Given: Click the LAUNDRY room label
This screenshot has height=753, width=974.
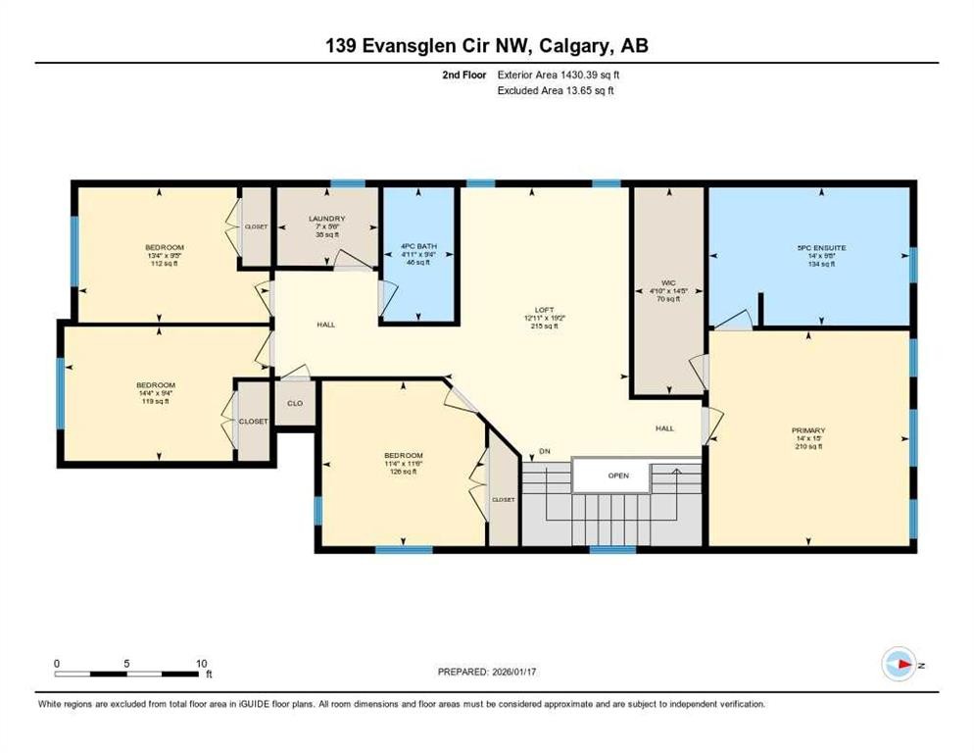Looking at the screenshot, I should click(326, 219).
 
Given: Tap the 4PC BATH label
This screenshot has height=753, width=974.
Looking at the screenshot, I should click(418, 246).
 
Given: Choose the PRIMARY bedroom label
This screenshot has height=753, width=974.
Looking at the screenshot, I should click(808, 430).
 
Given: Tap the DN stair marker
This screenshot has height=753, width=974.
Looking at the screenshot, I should click(544, 451).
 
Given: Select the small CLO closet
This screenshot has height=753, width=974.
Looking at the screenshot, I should click(294, 403).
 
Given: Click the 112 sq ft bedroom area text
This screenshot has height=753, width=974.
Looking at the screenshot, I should click(164, 263).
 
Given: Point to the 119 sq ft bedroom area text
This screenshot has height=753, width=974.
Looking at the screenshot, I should click(155, 400).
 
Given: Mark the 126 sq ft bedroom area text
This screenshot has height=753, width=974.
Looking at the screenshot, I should click(403, 472).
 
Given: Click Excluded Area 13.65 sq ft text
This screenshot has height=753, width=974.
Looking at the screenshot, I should click(557, 90).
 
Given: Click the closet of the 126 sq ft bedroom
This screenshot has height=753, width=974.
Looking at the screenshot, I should click(503, 500).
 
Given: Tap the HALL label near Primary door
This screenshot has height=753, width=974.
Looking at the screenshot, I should click(665, 428).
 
